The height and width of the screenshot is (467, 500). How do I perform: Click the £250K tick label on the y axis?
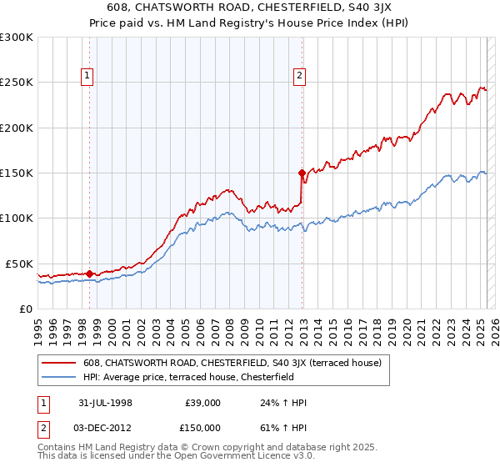click(17, 83)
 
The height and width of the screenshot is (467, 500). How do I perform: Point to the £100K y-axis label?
click(17, 218)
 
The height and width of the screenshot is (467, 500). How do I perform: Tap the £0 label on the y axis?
click(25, 309)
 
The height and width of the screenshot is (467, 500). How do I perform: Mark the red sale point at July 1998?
click(89, 273)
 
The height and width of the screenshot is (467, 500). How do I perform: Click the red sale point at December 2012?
click(302, 173)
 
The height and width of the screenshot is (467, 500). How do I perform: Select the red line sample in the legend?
click(59, 363)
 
